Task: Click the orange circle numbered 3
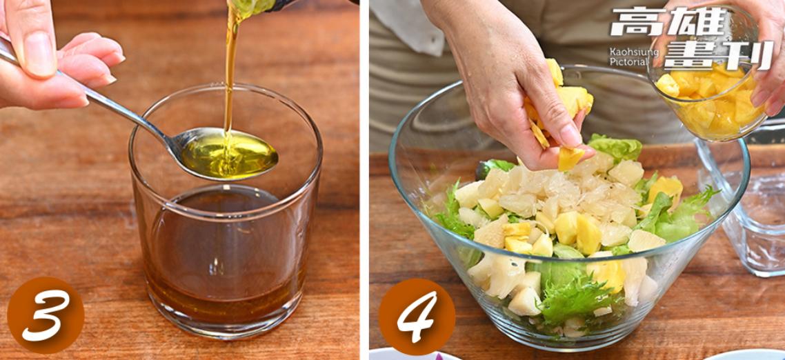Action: [46, 315]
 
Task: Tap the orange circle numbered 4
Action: [417, 317]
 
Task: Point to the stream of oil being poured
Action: [231, 70]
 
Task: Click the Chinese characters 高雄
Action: [668, 21]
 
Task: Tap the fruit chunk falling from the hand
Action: [570, 157]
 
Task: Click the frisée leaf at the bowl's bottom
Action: [576, 301]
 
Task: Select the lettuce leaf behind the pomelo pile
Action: [615, 148]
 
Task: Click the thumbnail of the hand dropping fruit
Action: [571, 135]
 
